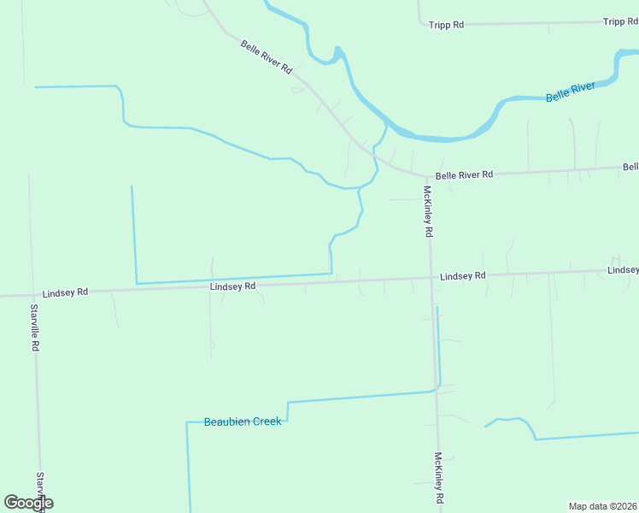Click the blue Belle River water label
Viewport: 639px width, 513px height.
[571, 92]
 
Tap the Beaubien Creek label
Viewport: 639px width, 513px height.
[243, 422]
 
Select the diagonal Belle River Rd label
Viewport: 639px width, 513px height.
[267, 56]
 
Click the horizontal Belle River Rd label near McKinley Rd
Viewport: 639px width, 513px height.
[464, 175]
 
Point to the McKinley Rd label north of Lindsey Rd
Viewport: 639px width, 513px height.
[427, 212]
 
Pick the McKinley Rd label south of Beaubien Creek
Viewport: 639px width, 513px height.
[438, 477]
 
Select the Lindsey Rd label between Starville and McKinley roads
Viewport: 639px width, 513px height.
[232, 286]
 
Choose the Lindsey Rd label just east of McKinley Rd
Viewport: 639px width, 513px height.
[463, 276]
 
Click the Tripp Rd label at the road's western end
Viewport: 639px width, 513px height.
[446, 25]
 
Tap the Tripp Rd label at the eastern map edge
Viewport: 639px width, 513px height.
[620, 21]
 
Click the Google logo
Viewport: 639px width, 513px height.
[28, 503]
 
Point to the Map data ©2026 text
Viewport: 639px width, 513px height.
[603, 506]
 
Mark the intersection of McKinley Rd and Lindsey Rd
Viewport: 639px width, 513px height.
[431, 277]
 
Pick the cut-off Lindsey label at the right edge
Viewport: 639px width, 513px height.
[623, 270]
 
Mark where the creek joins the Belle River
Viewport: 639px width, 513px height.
[386, 125]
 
